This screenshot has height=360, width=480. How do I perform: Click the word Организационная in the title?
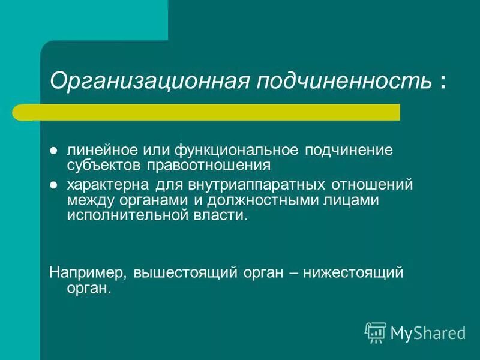[x=151, y=80]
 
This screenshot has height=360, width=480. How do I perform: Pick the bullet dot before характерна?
[x=53, y=183]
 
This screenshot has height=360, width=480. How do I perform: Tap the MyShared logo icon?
[x=376, y=332]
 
